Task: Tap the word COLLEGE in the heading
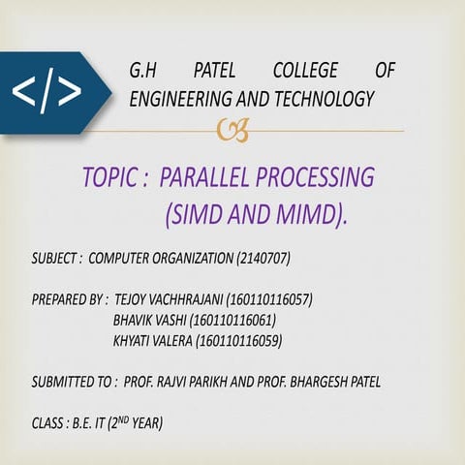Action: coord(305,71)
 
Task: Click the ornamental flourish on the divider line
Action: coord(231,130)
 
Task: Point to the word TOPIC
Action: coord(109,178)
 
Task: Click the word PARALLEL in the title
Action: coord(202,178)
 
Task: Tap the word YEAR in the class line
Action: coord(145,423)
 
